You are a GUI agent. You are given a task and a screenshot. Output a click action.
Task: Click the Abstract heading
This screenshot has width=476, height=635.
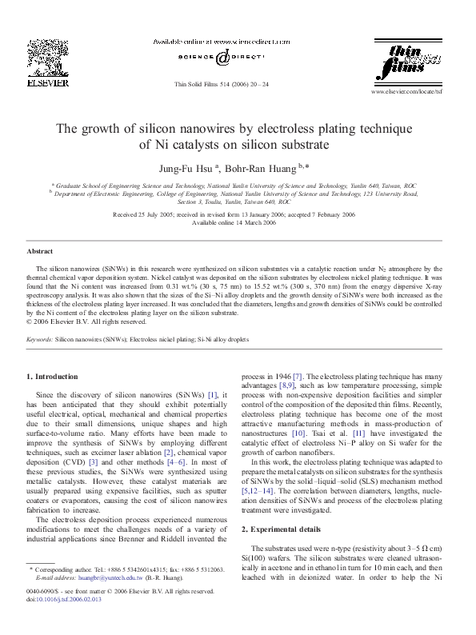pyautogui.click(x=40, y=251)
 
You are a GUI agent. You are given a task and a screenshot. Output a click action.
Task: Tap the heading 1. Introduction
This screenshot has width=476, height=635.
pyautogui.click(x=53, y=376)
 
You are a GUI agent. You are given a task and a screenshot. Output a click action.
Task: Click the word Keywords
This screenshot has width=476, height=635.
pyautogui.click(x=39, y=339)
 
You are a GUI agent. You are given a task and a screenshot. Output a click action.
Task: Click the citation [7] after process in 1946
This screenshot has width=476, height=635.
pyautogui.click(x=296, y=375)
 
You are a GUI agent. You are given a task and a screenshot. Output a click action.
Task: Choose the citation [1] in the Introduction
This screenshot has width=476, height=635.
pyautogui.click(x=213, y=396)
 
